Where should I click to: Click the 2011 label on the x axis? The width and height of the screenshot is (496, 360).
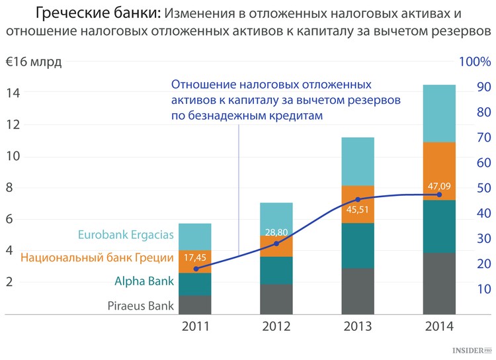click(x=196, y=326)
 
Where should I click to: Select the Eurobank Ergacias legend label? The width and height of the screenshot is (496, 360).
click(x=126, y=234)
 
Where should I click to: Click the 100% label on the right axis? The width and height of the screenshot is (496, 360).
click(x=474, y=62)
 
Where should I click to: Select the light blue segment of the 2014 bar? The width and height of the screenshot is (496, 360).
click(x=438, y=113)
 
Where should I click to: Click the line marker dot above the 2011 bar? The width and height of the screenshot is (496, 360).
click(x=196, y=269)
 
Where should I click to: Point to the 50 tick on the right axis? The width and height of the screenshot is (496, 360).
click(x=482, y=188)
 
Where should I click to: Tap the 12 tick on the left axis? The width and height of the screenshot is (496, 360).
click(x=13, y=124)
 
